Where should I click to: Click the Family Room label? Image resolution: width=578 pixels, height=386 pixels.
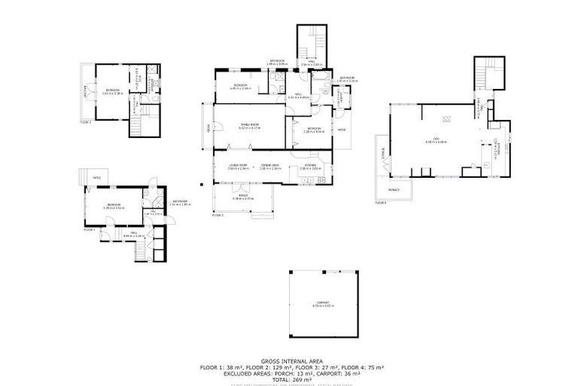click(249, 125)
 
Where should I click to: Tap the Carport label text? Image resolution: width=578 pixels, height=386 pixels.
click(323, 302)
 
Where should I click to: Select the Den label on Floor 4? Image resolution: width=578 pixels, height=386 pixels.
click(436, 139)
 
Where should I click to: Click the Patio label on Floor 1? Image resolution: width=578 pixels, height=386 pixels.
click(97, 178)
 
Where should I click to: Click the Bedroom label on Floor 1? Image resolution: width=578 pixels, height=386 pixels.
click(114, 204)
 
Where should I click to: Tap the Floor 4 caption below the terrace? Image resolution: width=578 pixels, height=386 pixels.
click(381, 203)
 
